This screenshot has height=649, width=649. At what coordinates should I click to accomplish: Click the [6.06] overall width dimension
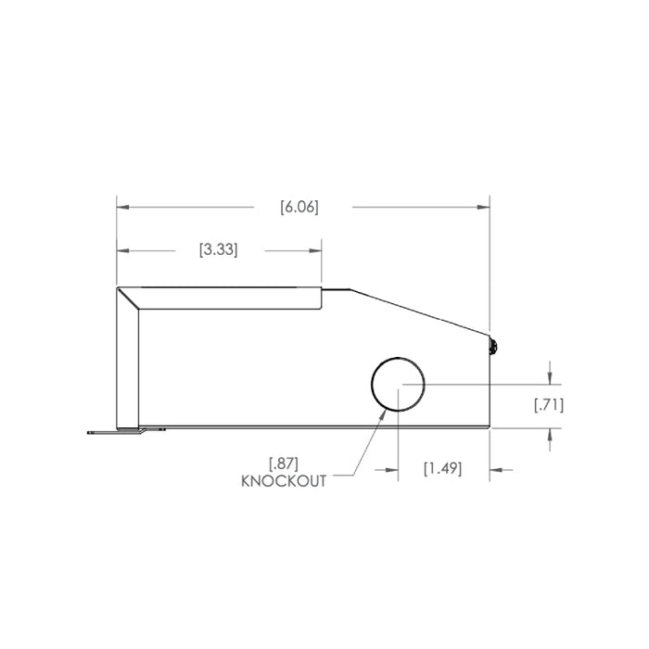tap(299, 208)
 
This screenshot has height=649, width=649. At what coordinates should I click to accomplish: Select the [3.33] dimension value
tap(219, 250)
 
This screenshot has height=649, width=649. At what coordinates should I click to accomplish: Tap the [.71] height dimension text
tap(549, 404)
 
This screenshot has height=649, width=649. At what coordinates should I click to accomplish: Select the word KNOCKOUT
tap(283, 481)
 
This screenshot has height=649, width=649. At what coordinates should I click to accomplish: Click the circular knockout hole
tap(398, 384)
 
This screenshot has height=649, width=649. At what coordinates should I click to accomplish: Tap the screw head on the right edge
tap(494, 348)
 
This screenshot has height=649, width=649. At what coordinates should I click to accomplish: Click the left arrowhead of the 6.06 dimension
tap(121, 208)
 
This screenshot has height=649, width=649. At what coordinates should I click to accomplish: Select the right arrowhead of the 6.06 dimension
tap(483, 208)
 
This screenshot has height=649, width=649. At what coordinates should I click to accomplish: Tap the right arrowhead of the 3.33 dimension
tap(315, 250)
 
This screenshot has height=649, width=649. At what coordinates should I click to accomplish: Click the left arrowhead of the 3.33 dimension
tap(121, 250)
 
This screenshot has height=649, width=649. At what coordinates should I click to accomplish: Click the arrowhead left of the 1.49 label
tap(391, 469)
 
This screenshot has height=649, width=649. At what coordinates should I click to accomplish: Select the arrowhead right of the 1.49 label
tap(496, 469)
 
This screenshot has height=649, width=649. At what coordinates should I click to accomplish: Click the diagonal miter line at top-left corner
tap(128, 299)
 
